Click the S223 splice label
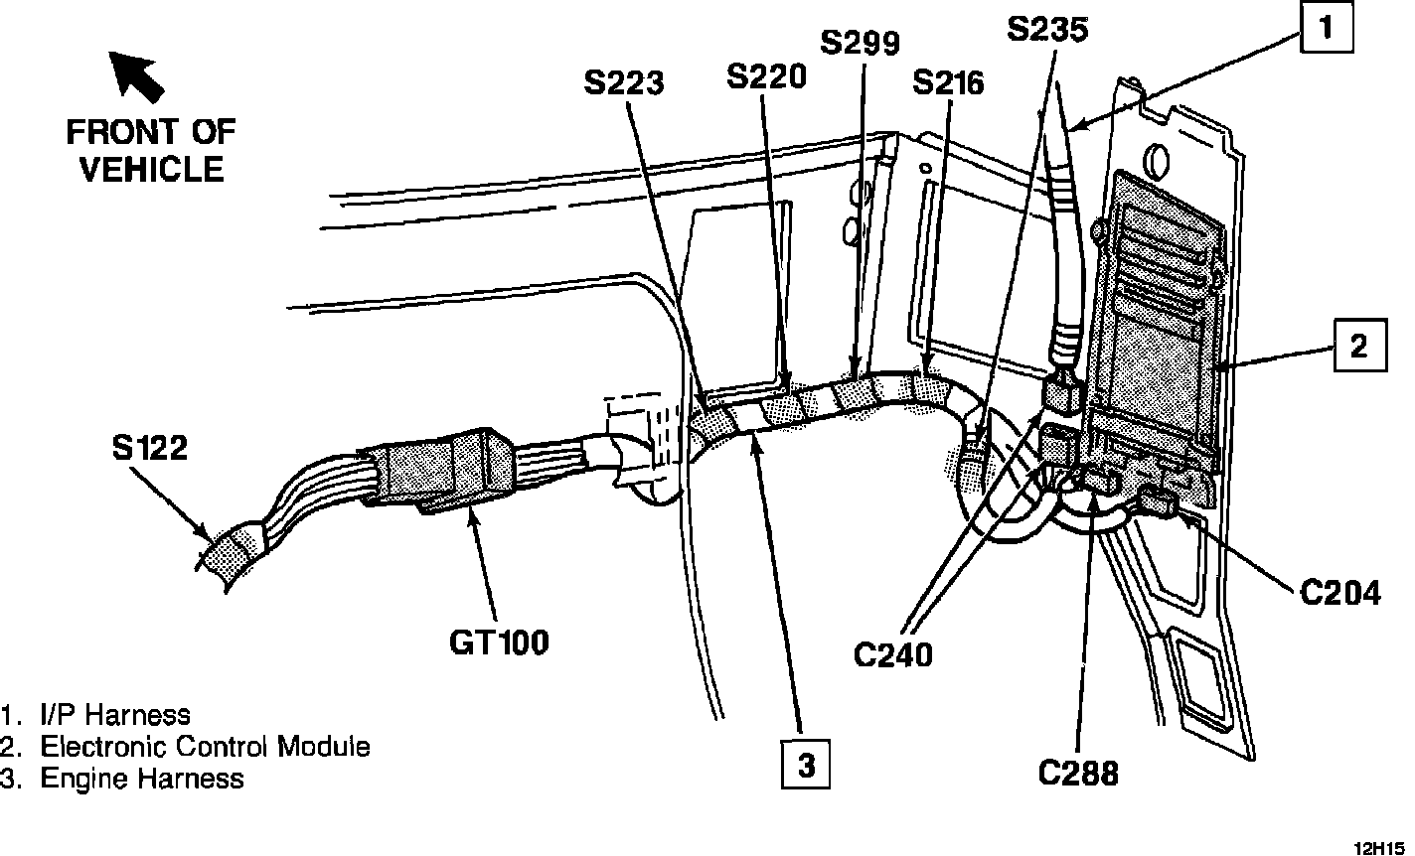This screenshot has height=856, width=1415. click(x=623, y=84)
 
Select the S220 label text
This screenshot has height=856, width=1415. click(x=765, y=76)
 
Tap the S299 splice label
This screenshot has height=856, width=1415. click(x=861, y=43)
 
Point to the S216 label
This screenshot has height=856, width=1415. click(x=948, y=83)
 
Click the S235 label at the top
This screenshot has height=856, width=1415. click(x=1047, y=29)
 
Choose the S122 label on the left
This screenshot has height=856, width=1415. click(x=149, y=449)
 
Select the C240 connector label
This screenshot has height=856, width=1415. click(x=894, y=655)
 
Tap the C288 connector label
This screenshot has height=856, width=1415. click(x=1077, y=774)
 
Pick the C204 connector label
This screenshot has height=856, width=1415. click(x=1340, y=594)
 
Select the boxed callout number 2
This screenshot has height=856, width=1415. click(x=1357, y=347)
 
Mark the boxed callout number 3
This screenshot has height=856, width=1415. click(x=806, y=765)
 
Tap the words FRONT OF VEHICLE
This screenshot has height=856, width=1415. click(x=151, y=149)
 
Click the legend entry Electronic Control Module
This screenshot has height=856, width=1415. click(x=205, y=746)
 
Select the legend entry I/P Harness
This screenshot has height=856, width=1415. click(x=114, y=714)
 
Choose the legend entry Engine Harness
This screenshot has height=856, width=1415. click(x=141, y=778)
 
